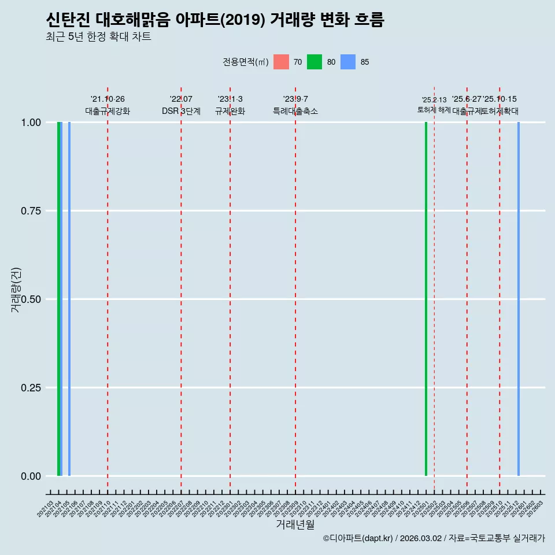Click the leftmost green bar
59,299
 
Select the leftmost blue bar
69,299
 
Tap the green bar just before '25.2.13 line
426,299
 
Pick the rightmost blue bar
519,299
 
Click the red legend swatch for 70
281,62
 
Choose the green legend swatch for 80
314,62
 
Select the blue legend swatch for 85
348,62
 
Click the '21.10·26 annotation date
108,99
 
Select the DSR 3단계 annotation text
181,111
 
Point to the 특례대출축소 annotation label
295,111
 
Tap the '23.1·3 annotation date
230,99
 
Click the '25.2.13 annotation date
434,100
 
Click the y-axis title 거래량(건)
16,290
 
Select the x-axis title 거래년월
295,524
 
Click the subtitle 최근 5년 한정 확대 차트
98,37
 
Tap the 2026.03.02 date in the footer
421,538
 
